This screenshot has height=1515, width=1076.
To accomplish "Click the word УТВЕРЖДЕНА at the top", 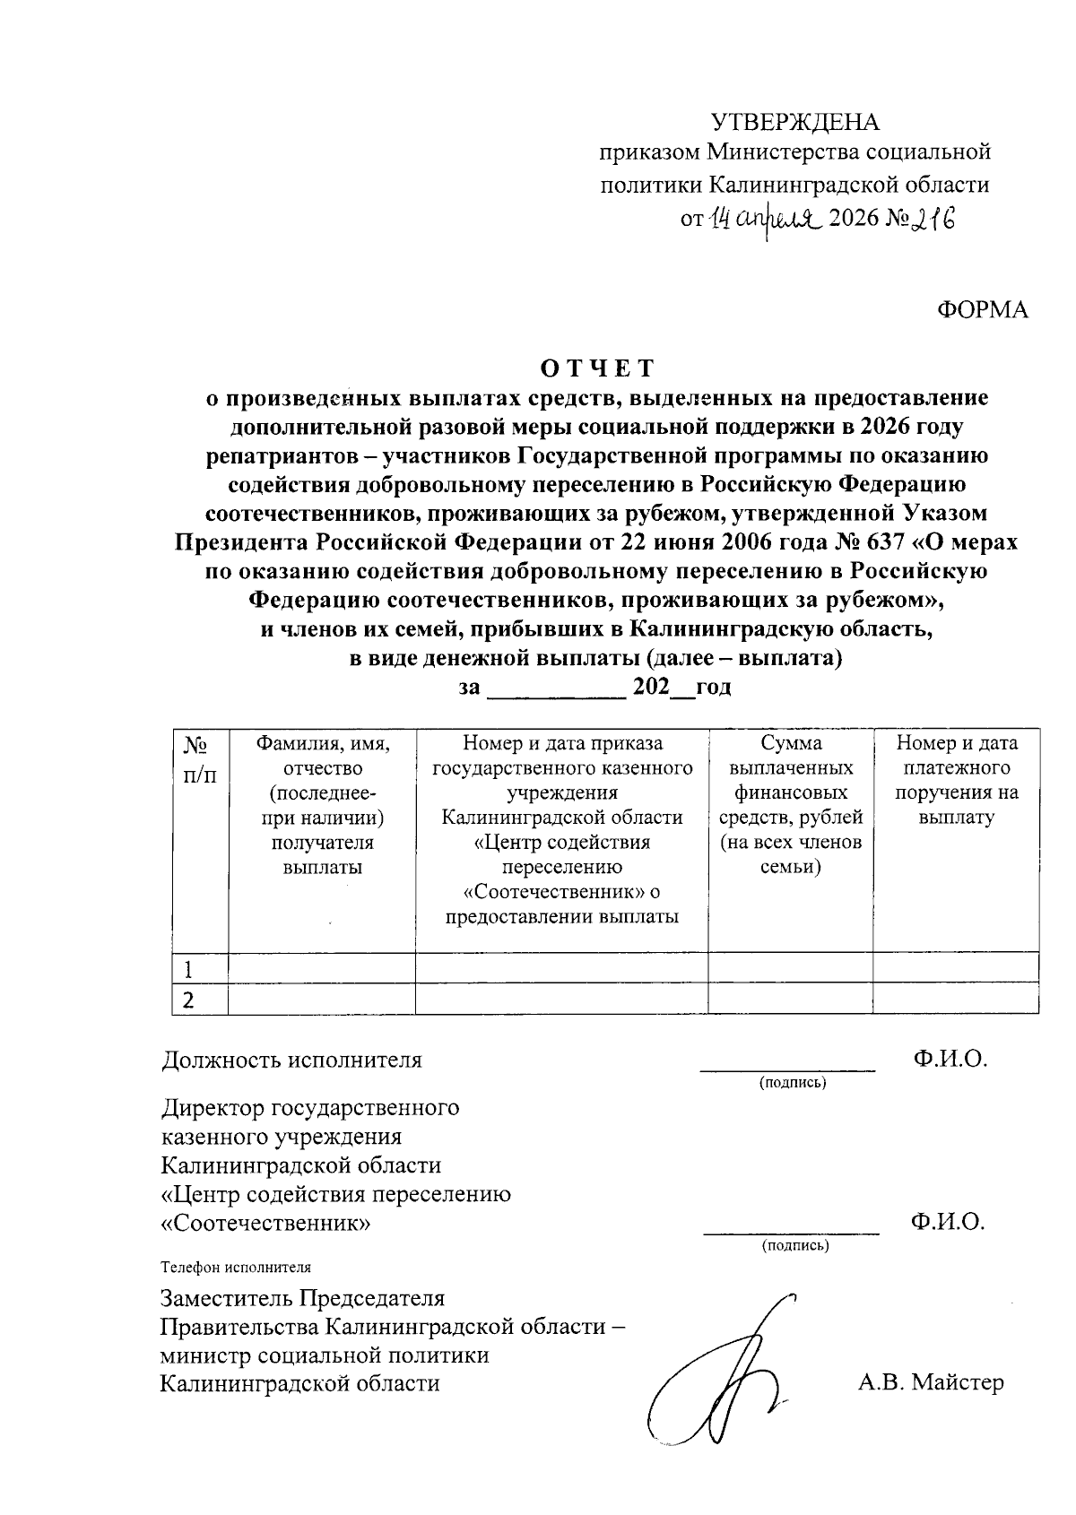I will tap(795, 121).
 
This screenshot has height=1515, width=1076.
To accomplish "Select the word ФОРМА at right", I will tap(983, 310).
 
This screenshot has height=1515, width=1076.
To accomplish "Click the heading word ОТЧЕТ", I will tap(597, 368).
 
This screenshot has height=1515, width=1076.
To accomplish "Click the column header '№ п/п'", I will tap(199, 758).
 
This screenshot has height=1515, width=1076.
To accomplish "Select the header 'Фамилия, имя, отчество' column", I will tap(322, 804).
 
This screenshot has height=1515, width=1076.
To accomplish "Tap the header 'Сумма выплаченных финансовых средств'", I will tap(790, 804).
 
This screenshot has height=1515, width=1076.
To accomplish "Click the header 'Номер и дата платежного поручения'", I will tap(956, 780).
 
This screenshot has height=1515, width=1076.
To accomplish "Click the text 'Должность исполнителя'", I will tap(291, 1060).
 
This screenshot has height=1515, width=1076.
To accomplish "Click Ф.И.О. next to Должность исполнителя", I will tap(950, 1059).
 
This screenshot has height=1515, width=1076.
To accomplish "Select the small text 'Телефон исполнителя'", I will tap(236, 1268).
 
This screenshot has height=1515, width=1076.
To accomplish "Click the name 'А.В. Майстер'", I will tap(931, 1381).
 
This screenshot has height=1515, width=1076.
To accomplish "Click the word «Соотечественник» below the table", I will tap(265, 1223).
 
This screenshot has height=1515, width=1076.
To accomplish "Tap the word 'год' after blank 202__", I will tap(713, 688).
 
